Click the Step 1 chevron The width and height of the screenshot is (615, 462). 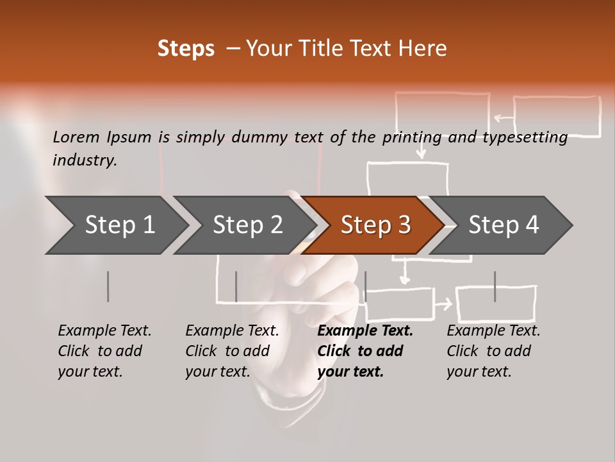coord(120,225)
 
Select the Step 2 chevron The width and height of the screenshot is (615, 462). coord(247,225)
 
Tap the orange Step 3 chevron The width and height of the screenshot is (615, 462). coord(375,225)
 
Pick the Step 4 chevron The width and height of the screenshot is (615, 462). coord(504,225)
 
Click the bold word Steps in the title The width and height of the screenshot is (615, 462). coord(186,49)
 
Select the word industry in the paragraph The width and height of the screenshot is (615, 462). coord(85,160)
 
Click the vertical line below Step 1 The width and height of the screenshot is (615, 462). coord(108,286)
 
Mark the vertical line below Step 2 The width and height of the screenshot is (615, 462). coord(236,286)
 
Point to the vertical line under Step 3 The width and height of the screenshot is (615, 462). coord(365,286)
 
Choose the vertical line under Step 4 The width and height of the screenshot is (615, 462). coord(495,286)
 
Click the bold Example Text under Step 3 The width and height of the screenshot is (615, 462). coord(365,331)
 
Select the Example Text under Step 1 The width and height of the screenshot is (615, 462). coord(105,331)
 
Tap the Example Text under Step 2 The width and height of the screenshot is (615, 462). coord(233,331)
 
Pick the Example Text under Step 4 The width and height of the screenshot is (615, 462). coord(493,331)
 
